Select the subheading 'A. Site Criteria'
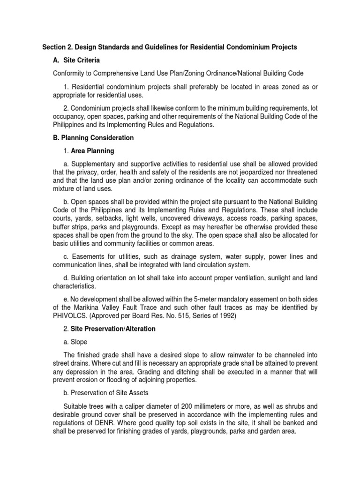76,60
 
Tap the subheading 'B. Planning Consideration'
93,138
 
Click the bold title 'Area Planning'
92,151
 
